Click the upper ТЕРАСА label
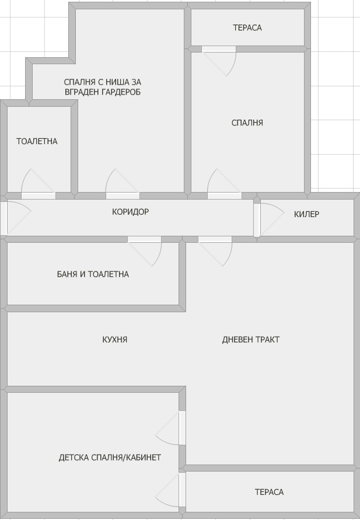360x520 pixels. (x=247, y=27)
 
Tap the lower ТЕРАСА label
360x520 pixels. (x=269, y=492)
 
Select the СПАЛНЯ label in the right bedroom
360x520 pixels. (x=247, y=123)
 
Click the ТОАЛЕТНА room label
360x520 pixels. (x=37, y=141)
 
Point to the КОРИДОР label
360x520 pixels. (x=130, y=212)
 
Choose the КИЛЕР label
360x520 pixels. (x=306, y=214)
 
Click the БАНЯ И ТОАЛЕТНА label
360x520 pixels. (x=93, y=274)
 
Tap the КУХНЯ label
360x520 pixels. (x=114, y=339)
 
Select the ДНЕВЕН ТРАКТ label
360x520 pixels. (x=251, y=339)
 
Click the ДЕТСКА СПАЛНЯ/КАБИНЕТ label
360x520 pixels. (x=110, y=458)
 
